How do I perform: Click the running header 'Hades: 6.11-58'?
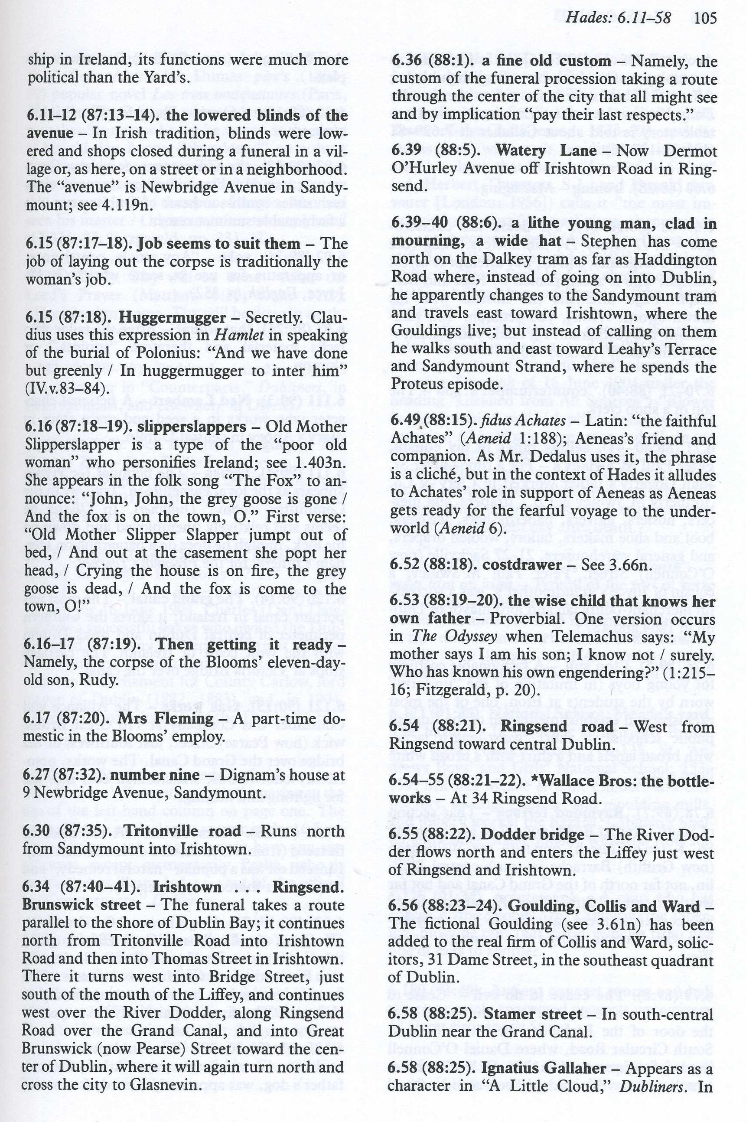tap(619, 18)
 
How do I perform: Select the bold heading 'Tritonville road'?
tap(182, 831)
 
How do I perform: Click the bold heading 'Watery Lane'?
tap(546, 150)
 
